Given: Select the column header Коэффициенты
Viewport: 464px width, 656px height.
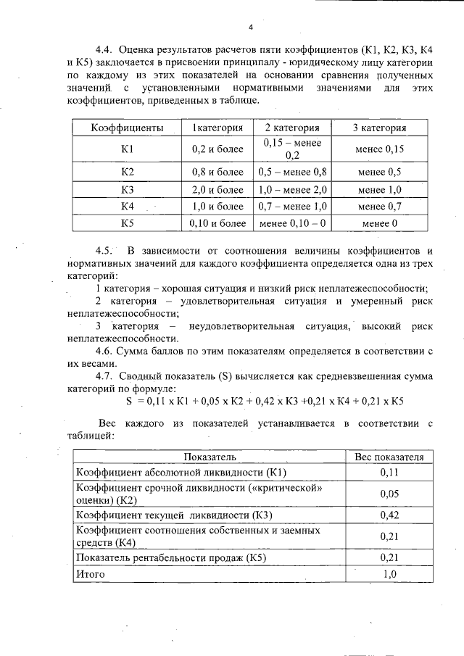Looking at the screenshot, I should (x=126, y=128).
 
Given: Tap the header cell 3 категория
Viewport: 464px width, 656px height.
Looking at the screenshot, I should (x=379, y=128).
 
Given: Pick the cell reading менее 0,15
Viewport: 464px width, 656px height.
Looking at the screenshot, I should (x=379, y=149).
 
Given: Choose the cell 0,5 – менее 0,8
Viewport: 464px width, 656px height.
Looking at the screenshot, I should (x=293, y=173).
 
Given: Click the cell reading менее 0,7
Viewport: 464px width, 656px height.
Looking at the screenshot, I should (x=379, y=207).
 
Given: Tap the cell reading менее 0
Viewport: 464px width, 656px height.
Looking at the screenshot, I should (x=379, y=223).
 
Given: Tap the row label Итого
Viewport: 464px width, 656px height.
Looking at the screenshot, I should (x=91, y=574).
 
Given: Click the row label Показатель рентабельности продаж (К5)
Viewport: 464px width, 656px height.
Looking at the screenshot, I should (x=173, y=558).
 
